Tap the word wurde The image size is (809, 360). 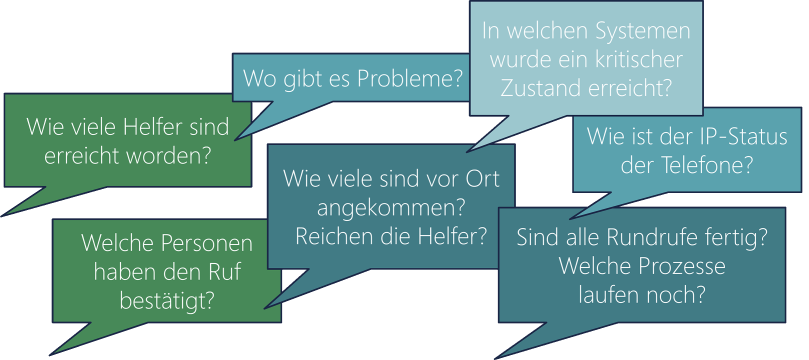tap(510, 59)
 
